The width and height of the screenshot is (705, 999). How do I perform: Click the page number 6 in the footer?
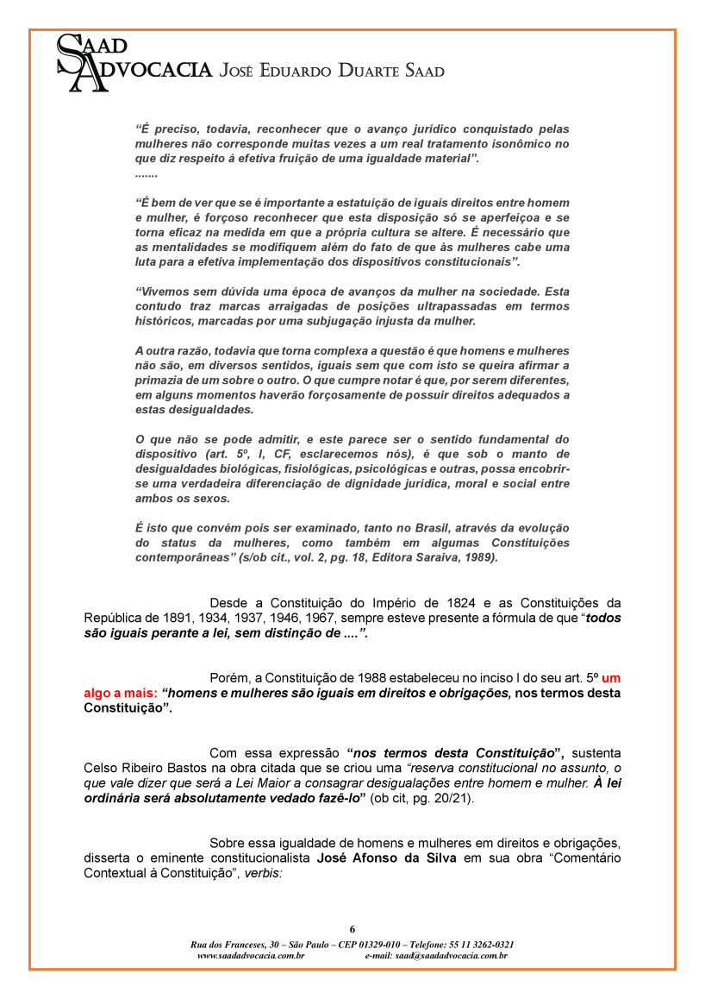click(x=352, y=928)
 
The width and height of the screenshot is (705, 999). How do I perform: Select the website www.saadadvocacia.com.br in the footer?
click(x=251, y=956)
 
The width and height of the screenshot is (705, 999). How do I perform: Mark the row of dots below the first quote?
click(x=147, y=175)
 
